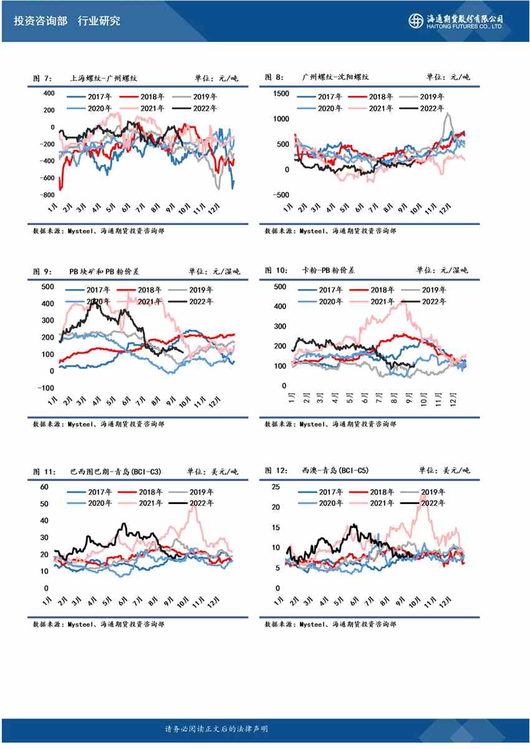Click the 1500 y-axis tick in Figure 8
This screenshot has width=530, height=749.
(x=281, y=93)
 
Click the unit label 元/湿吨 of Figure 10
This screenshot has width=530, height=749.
(x=454, y=270)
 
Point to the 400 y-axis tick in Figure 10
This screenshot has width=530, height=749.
(x=279, y=307)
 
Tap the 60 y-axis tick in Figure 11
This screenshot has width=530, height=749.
(x=44, y=487)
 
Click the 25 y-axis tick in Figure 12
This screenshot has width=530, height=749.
(x=276, y=487)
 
